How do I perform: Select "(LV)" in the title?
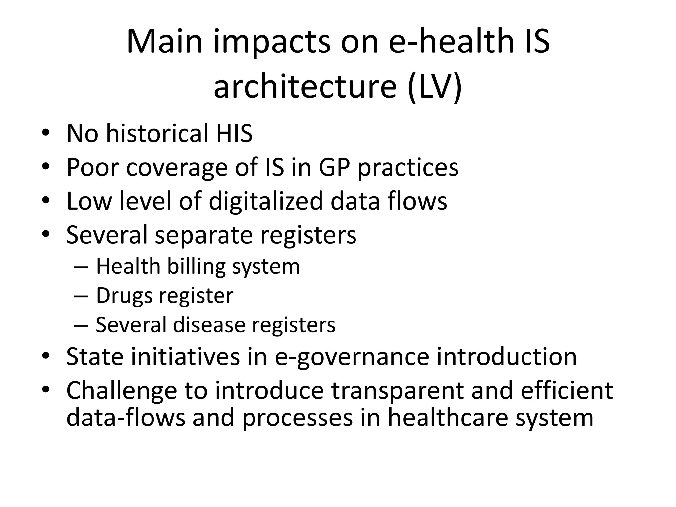point(435,86)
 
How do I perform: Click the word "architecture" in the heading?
point(305,86)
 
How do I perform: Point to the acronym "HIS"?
point(234,133)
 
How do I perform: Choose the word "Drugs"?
point(124,296)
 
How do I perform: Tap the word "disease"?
point(209,325)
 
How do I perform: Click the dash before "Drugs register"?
point(81,296)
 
